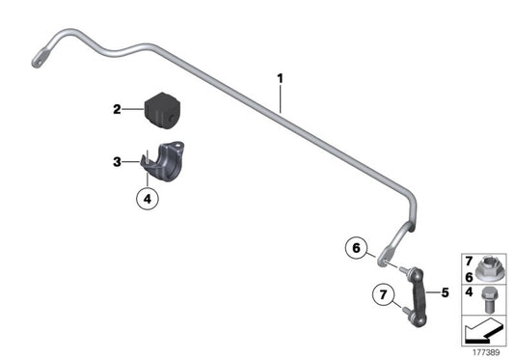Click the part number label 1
[280, 77]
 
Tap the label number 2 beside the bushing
[117, 109]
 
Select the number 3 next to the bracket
[117, 161]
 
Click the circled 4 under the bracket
[146, 200]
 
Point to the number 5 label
[445, 291]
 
